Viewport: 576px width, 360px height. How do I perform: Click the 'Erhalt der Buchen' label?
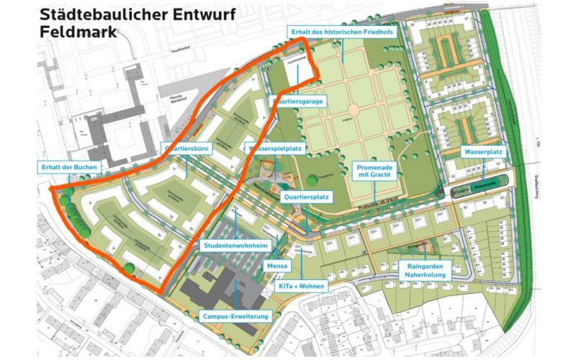pos(70,167)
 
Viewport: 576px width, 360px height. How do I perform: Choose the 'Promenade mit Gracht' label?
pos(375,170)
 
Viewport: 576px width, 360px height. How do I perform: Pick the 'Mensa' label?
pos(277,266)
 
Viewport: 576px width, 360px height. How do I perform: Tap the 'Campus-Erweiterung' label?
pos(236,316)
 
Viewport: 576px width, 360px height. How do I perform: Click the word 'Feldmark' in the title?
pos(76,32)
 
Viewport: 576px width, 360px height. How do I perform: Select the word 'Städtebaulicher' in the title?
pos(97,13)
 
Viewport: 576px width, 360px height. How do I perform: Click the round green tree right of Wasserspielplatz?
pos(310,180)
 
